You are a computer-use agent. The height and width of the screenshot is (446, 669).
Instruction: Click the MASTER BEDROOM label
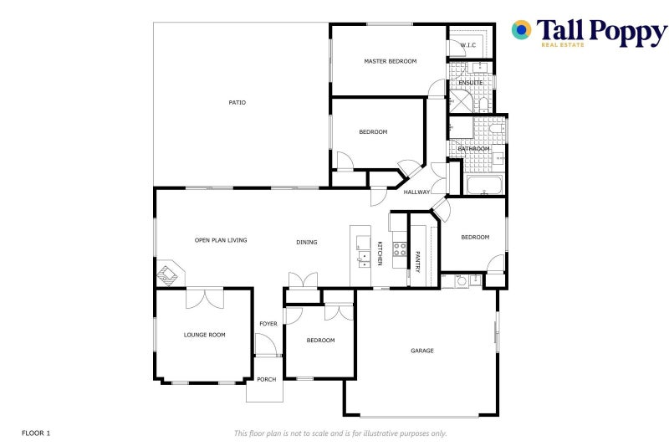[x=390, y=61]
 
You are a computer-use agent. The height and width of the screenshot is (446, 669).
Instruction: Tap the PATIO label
[x=237, y=103]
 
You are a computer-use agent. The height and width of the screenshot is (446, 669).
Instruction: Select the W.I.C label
[x=467, y=45]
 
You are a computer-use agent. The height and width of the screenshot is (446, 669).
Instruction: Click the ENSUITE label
[x=471, y=83]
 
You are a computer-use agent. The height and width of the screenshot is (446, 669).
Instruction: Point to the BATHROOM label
[x=473, y=149]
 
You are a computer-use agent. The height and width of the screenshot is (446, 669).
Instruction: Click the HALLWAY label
[x=416, y=192]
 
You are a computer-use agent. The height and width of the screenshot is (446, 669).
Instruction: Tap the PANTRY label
[x=417, y=261]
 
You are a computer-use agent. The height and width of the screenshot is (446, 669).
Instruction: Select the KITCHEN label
[x=380, y=254]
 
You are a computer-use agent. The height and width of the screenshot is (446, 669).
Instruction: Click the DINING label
[x=307, y=243]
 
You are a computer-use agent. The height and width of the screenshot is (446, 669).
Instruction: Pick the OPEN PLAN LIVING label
[x=221, y=240]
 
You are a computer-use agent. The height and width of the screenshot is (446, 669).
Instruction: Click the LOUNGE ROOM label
[x=205, y=335]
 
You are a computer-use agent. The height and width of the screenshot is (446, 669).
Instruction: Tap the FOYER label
[x=268, y=324]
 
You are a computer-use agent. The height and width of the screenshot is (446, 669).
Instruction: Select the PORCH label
[x=266, y=380]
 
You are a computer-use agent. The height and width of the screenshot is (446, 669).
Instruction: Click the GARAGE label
[x=422, y=351]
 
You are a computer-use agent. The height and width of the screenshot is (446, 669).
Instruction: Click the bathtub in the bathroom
[x=485, y=185]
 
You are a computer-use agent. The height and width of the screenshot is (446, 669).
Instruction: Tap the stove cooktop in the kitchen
[x=400, y=249]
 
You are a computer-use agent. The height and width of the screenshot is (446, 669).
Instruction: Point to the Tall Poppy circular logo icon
[x=522, y=30]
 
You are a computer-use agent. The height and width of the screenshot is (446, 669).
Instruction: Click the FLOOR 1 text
[x=36, y=433]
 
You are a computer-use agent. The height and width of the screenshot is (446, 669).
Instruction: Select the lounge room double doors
[x=205, y=298]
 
